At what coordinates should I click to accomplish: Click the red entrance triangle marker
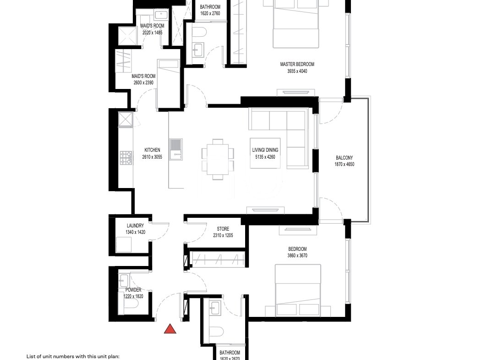170,329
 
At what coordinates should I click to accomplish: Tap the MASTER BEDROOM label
297,64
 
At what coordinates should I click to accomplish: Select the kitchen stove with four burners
126,158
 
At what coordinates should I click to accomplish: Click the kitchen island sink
175,149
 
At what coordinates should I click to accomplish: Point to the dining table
218,159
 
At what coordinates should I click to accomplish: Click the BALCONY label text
344,158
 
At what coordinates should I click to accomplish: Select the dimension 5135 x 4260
265,157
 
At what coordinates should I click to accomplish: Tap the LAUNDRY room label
135,226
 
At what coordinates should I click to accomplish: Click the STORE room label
223,229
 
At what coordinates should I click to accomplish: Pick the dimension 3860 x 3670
297,255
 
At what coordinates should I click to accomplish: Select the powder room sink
124,280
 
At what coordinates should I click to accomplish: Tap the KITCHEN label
152,150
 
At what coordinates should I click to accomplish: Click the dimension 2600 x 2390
143,83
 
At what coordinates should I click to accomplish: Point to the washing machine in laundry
124,244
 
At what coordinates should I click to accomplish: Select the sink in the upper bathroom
198,50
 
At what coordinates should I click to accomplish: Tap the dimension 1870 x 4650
344,164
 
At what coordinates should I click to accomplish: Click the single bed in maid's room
168,83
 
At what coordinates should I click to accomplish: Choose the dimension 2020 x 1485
152,33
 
